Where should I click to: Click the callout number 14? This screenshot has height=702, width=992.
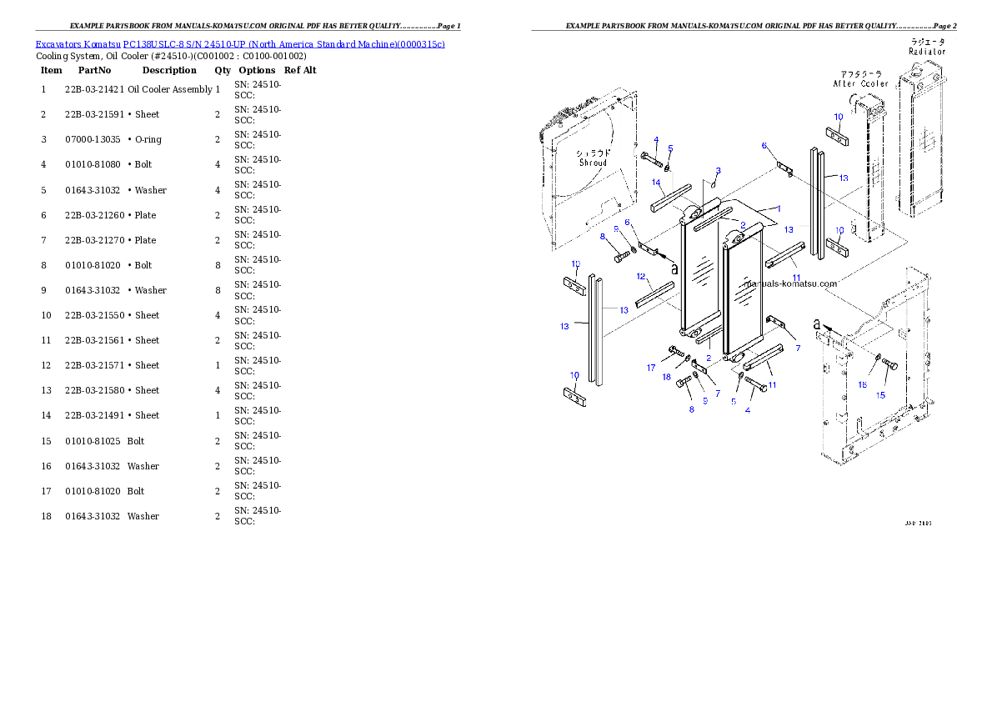coord(656,183)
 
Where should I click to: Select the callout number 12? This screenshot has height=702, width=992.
coord(641,276)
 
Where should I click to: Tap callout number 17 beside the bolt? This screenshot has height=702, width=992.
coord(652,368)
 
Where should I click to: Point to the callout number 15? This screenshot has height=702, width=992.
coord(880,395)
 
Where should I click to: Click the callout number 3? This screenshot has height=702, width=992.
coord(718,171)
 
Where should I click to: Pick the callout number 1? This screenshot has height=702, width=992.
coord(779,208)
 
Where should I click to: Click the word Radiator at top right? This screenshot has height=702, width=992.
coord(927,52)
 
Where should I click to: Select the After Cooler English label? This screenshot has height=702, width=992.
coord(860,83)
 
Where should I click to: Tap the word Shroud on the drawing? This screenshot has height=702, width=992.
coord(594,163)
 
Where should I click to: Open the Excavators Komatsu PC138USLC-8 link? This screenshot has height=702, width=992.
coord(239,43)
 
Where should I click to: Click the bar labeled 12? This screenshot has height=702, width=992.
coord(654,294)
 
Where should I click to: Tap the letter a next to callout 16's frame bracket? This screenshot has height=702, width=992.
coord(818,323)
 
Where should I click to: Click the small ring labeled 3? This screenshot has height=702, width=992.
coord(713,184)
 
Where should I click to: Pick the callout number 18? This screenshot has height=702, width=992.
coord(667,377)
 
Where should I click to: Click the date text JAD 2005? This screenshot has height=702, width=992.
coord(918,524)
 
